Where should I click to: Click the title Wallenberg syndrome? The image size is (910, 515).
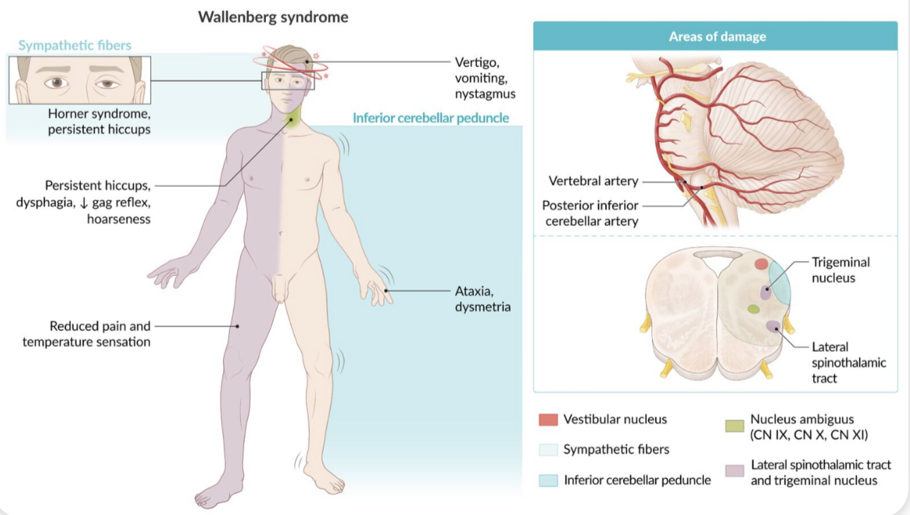point(273,17)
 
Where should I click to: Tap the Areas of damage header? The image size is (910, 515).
point(717,36)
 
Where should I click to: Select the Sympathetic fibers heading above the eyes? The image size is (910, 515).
point(74,46)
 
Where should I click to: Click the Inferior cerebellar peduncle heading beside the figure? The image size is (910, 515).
point(430,118)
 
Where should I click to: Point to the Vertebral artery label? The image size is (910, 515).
point(593,181)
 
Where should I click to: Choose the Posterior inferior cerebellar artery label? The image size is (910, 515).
point(590,212)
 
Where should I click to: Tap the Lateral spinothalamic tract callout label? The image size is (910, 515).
point(849,362)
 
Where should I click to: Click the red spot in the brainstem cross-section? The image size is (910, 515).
point(761,264)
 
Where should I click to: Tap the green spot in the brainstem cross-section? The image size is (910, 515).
point(753,309)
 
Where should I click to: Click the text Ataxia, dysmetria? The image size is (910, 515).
point(482,298)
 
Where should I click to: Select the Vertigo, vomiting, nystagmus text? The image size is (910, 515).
point(485,77)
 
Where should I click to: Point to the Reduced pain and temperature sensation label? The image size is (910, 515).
point(87,334)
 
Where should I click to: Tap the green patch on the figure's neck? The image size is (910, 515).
point(292,122)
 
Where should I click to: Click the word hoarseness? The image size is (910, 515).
point(119,219)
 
